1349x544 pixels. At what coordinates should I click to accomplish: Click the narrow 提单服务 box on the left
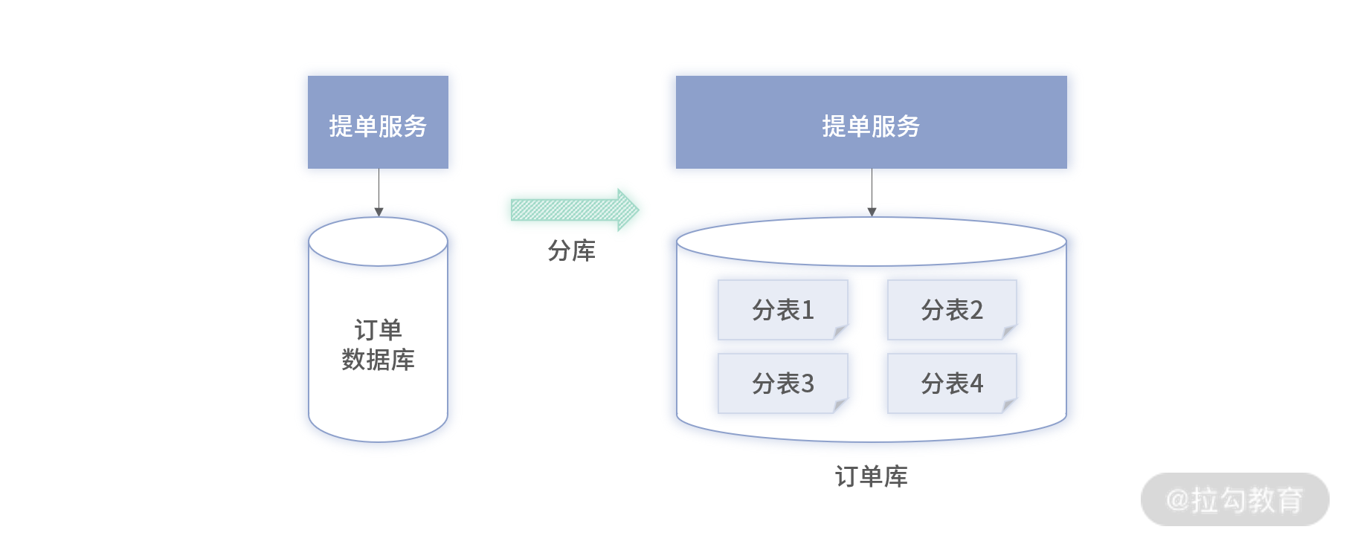click(x=378, y=122)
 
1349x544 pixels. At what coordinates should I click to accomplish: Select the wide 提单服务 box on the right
click(x=871, y=122)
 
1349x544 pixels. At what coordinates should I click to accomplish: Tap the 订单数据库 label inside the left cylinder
click(x=378, y=345)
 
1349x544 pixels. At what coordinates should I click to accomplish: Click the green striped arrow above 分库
click(x=573, y=210)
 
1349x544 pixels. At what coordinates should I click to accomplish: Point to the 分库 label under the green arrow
click(x=571, y=251)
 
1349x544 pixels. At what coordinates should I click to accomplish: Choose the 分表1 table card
click(x=782, y=310)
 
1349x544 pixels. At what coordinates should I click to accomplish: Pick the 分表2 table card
click(x=951, y=310)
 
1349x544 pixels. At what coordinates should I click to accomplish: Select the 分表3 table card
click(x=782, y=383)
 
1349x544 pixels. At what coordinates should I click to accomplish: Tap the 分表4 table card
click(x=951, y=383)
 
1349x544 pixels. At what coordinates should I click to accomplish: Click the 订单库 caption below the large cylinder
click(x=871, y=476)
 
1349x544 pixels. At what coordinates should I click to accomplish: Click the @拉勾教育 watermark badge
click(x=1234, y=499)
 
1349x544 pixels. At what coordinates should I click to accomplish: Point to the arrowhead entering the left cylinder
click(x=379, y=213)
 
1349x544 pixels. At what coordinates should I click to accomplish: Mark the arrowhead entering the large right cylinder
click(x=872, y=213)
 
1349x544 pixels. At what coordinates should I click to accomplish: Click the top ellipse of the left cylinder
click(x=378, y=242)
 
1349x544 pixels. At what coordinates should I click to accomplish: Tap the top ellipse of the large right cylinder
click(x=871, y=242)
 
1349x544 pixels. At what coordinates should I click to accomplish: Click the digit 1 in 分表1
click(x=808, y=310)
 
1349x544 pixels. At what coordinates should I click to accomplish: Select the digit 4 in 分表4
click(x=976, y=383)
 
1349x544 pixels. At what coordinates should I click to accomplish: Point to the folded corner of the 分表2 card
click(x=1009, y=332)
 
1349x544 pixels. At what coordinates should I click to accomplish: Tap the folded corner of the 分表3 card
click(x=840, y=406)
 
